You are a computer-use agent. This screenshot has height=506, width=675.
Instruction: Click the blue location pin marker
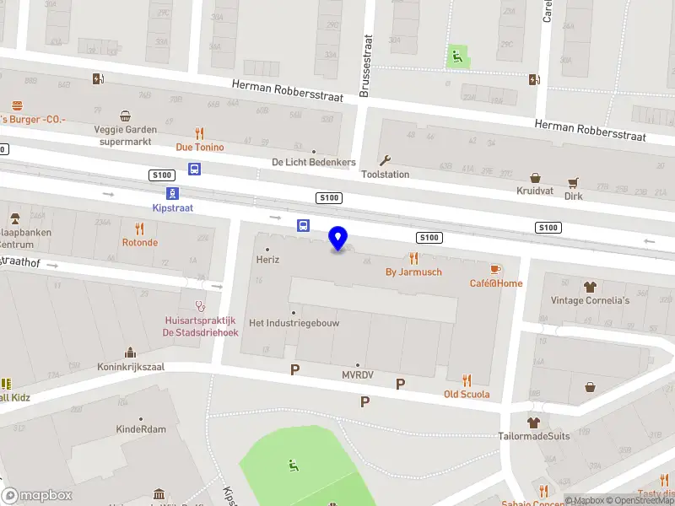(338, 239)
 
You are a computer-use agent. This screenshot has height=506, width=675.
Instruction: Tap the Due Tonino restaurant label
(200, 147)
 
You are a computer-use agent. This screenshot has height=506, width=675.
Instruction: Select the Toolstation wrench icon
(386, 160)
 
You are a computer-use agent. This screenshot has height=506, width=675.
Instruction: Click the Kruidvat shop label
(533, 191)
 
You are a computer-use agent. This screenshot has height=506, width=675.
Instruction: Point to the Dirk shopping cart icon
(574, 182)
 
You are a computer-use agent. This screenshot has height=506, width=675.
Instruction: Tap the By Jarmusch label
(413, 272)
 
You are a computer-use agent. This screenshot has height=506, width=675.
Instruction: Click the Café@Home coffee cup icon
(496, 269)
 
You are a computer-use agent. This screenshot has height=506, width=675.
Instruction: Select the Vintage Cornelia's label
(590, 300)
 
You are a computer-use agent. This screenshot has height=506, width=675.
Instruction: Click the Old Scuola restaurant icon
(467, 380)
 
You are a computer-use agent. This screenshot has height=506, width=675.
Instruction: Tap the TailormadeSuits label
(533, 436)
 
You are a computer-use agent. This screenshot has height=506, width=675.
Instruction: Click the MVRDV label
(358, 374)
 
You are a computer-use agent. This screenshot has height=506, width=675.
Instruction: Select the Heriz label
(267, 260)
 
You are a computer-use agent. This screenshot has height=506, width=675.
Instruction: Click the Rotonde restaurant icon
(140, 229)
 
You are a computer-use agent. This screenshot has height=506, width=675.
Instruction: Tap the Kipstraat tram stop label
(173, 207)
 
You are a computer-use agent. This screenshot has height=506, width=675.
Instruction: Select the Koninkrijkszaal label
(131, 367)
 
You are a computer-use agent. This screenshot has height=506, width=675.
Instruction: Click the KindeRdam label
(141, 429)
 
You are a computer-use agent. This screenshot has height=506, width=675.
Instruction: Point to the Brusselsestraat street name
(365, 66)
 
